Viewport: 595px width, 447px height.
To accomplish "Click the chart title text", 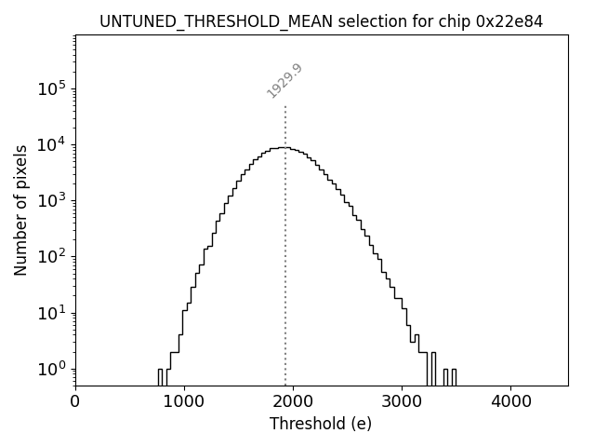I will pyautogui.click(x=321, y=20).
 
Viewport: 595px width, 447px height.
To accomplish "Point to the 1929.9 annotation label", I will pyautogui.click(x=284, y=81).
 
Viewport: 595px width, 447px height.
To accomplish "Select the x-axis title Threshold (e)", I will pyautogui.click(x=321, y=424).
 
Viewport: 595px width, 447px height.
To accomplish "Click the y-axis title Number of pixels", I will pyautogui.click(x=20, y=210).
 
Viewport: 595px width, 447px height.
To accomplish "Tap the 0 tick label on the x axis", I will pyautogui.click(x=75, y=402).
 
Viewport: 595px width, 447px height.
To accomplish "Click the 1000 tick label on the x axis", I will pyautogui.click(x=184, y=402).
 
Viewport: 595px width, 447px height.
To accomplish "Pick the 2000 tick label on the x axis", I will pyautogui.click(x=293, y=402).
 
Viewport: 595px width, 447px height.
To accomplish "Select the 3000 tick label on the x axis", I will pyautogui.click(x=401, y=402).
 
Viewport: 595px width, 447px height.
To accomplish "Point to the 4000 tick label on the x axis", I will pyautogui.click(x=509, y=402).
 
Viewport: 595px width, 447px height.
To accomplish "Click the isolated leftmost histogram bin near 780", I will pyautogui.click(x=160, y=376).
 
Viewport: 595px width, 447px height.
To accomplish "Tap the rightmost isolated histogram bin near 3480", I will pyautogui.click(x=454, y=376).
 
